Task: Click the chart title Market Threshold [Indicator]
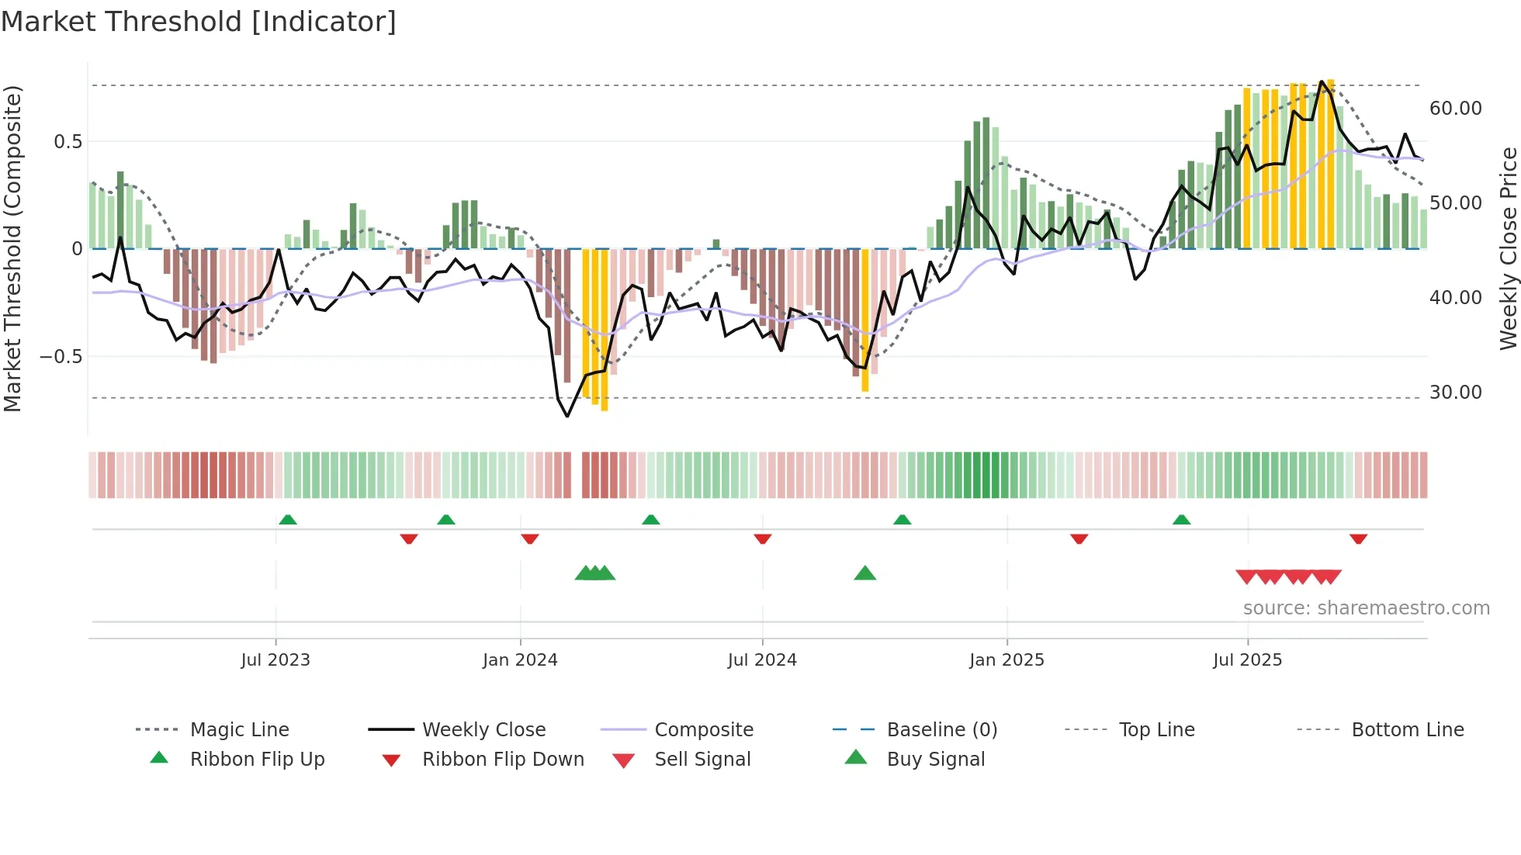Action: (x=199, y=22)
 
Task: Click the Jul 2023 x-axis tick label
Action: (x=275, y=660)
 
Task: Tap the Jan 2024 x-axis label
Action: (x=520, y=660)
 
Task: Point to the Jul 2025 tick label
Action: (x=1247, y=660)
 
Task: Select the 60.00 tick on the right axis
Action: (x=1455, y=109)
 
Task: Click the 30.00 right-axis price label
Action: (x=1455, y=393)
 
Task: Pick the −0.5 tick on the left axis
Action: (x=61, y=357)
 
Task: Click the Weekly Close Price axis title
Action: (x=1508, y=248)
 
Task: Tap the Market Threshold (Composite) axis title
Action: (x=12, y=248)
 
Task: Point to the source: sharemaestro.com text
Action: (x=1366, y=608)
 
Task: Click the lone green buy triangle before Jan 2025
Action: (x=864, y=573)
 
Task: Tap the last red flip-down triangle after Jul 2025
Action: (x=1358, y=538)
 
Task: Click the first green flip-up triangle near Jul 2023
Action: (x=288, y=519)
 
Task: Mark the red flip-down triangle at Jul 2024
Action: (x=763, y=538)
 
